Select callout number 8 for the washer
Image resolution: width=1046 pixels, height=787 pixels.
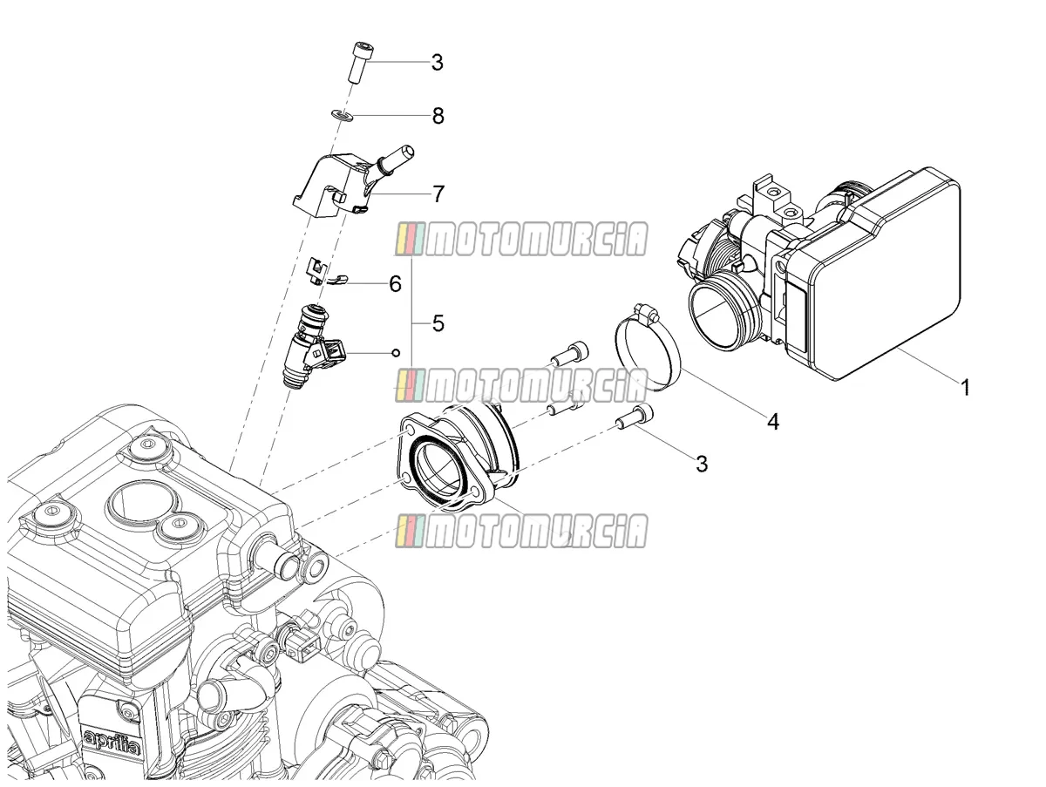tap(438, 116)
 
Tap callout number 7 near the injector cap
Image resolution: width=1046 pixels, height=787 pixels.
tap(438, 193)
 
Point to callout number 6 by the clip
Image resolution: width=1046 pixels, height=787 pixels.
tap(395, 284)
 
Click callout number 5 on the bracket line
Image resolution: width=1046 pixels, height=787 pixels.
tap(438, 323)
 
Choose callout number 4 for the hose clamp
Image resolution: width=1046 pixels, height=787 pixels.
tap(772, 422)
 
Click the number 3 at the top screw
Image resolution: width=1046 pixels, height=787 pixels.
tap(437, 63)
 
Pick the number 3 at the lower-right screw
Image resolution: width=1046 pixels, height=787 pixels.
tap(702, 464)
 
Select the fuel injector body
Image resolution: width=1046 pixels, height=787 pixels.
tap(314, 348)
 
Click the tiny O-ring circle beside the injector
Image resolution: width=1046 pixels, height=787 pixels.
tap(395, 353)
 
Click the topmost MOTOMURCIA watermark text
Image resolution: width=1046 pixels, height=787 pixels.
tap(521, 240)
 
